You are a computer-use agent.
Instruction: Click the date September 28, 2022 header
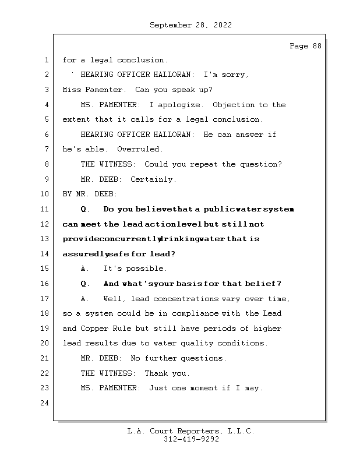point(190,25)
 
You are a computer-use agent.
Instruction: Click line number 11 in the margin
point(45,209)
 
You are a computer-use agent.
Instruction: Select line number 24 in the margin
point(45,403)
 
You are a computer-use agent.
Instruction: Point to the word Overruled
point(140,150)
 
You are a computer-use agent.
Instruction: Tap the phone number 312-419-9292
point(191,440)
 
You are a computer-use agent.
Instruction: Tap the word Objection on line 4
point(234,105)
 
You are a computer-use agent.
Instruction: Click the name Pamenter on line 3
point(105,90)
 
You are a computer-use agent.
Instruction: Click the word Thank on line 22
point(156,373)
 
